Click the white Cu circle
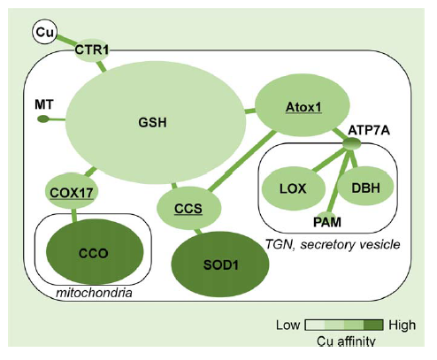pyautogui.click(x=44, y=32)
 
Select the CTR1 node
pyautogui.click(x=91, y=50)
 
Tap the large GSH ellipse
pyautogui.click(x=156, y=122)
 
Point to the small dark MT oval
pyautogui.click(x=43, y=119)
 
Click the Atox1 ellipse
pyautogui.click(x=303, y=105)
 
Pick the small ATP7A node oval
pyautogui.click(x=352, y=144)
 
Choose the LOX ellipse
pyautogui.click(x=294, y=188)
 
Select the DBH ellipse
pyautogui.click(x=365, y=187)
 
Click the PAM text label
pyautogui.click(x=327, y=222)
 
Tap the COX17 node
pyautogui.click(x=72, y=192)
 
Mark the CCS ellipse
pyautogui.click(x=188, y=208)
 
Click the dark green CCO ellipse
pyautogui.click(x=95, y=252)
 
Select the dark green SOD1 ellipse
pyautogui.click(x=220, y=264)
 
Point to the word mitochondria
pyautogui.click(x=94, y=293)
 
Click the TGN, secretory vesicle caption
pyautogui.click(x=333, y=244)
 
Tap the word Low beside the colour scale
pyautogui.click(x=287, y=325)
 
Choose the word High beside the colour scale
pyautogui.click(x=402, y=325)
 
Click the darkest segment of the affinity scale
pyautogui.click(x=373, y=325)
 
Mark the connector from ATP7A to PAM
pyautogui.click(x=339, y=181)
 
